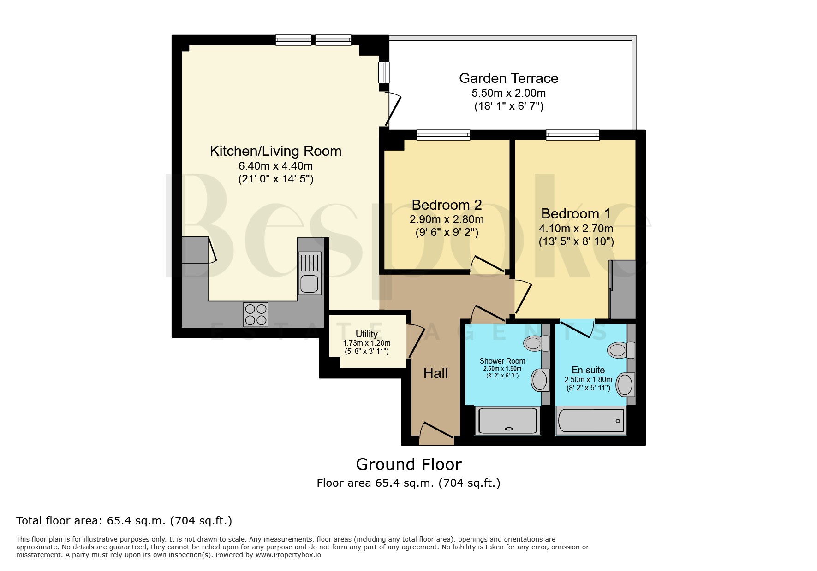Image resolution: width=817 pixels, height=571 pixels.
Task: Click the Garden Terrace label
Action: (x=508, y=78)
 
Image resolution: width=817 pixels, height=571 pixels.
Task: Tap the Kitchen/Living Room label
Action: (x=275, y=151)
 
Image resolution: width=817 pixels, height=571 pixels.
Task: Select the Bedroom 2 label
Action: (x=447, y=205)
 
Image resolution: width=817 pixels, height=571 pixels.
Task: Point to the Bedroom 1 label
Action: (x=576, y=214)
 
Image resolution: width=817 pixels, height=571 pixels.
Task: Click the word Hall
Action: (x=435, y=373)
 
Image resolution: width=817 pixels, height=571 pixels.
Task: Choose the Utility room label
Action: (x=367, y=334)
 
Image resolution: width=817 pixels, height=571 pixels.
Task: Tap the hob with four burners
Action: (x=256, y=314)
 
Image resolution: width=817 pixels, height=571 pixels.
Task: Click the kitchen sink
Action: (x=310, y=273)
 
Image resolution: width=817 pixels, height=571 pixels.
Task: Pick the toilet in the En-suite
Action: (x=621, y=350)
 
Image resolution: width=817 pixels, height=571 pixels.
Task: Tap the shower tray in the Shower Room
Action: (x=508, y=421)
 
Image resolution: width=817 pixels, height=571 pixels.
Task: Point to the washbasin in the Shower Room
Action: (x=540, y=381)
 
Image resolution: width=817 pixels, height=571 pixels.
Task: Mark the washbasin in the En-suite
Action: (x=626, y=384)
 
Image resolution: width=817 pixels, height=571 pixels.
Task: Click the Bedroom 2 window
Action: (x=443, y=135)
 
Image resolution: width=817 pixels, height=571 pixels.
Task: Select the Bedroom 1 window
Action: (x=573, y=135)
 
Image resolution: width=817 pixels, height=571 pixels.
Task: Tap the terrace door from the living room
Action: (x=394, y=110)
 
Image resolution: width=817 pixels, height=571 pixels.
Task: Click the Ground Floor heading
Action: (x=409, y=465)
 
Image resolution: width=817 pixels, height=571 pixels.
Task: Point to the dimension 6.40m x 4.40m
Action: (x=276, y=166)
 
